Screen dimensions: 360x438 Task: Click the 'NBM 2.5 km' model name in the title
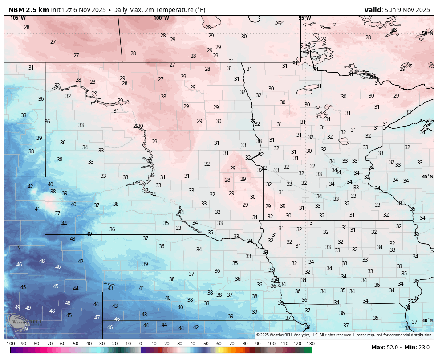[x=28, y=10]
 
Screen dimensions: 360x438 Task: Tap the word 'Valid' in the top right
[x=373, y=10]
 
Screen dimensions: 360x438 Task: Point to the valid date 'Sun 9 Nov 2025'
[x=407, y=10]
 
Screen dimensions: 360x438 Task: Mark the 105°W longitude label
[x=18, y=18]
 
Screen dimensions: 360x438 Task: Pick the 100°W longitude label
[x=161, y=18]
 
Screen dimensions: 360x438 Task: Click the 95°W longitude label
[x=304, y=18]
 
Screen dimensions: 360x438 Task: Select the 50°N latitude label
[x=427, y=33]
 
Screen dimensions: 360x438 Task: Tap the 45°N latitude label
[x=427, y=177]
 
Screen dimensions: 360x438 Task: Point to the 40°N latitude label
[x=427, y=320]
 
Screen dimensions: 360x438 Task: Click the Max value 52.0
[x=393, y=348]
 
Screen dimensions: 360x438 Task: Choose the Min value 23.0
[x=424, y=348]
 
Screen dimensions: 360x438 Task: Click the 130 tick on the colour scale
[x=311, y=344]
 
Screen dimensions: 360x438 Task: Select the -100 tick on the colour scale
[x=10, y=344]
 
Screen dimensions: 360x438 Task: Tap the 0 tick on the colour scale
[x=141, y=344]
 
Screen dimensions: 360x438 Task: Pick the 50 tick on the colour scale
[x=206, y=344]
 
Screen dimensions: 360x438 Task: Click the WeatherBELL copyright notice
[x=344, y=335]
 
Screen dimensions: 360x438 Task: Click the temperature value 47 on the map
[x=97, y=318]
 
